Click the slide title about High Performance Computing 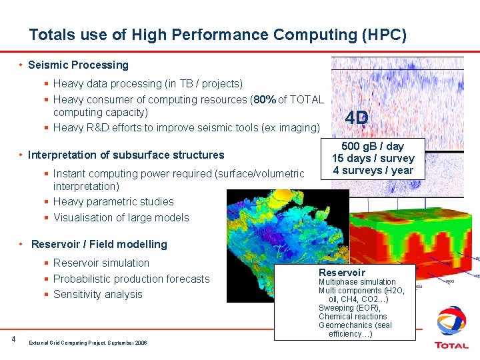click(217, 34)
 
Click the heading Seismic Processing click(78, 65)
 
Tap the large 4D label click(357, 118)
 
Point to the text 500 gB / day click(373, 146)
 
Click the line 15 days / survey click(373, 158)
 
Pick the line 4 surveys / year click(373, 170)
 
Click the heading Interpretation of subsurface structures click(126, 155)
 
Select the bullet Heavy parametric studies click(113, 201)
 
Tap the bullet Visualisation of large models click(121, 217)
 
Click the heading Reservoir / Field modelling click(99, 244)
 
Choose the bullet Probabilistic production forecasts click(131, 279)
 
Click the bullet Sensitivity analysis click(97, 294)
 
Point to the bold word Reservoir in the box click(341, 272)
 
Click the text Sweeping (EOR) click(349, 308)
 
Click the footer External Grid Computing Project click(87, 342)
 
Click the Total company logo click(451, 327)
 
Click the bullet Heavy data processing click(147, 83)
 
